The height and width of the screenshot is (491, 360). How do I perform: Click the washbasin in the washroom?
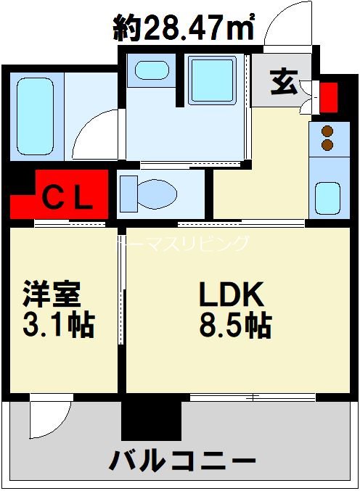pos(151,71)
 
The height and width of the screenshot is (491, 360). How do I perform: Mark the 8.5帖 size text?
pos(235,326)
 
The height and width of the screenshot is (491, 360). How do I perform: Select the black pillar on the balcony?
pos(151,418)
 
